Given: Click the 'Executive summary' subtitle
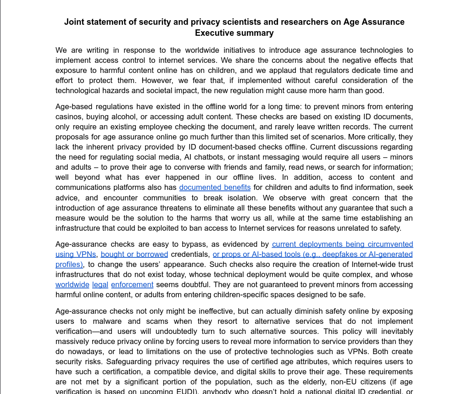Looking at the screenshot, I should click(234, 33).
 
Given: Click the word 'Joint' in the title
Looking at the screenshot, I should click(74, 22).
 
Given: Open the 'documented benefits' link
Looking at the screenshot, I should click(215, 188).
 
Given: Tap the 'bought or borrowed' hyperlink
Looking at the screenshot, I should click(134, 255).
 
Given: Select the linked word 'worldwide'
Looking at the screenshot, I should click(72, 285).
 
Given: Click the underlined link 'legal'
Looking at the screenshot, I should click(100, 285).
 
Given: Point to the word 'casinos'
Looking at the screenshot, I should click(69, 117).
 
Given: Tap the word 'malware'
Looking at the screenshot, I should click(107, 322).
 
